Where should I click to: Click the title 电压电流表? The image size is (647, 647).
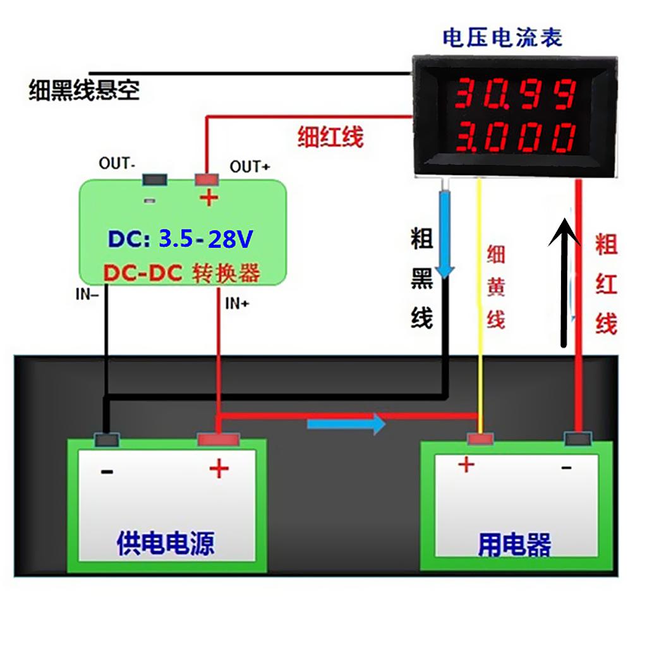click(x=502, y=38)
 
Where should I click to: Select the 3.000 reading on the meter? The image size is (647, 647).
click(x=515, y=136)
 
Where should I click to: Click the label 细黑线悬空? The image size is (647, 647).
click(x=84, y=91)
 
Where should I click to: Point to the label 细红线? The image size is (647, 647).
click(x=330, y=136)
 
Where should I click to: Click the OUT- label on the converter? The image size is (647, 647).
click(x=117, y=163)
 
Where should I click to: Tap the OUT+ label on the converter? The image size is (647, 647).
click(x=250, y=167)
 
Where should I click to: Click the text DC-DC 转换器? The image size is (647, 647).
click(x=182, y=273)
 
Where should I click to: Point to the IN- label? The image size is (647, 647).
click(x=87, y=294)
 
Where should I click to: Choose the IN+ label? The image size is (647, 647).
click(x=237, y=304)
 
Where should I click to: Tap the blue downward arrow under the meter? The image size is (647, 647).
click(x=446, y=234)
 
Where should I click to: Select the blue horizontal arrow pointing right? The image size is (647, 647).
click(x=346, y=424)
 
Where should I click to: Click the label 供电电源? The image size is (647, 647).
click(x=166, y=543)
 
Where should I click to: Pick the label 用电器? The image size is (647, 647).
click(x=514, y=545)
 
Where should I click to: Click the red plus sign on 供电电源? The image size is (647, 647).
click(x=219, y=469)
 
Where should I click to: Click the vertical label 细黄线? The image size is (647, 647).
click(x=496, y=287)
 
